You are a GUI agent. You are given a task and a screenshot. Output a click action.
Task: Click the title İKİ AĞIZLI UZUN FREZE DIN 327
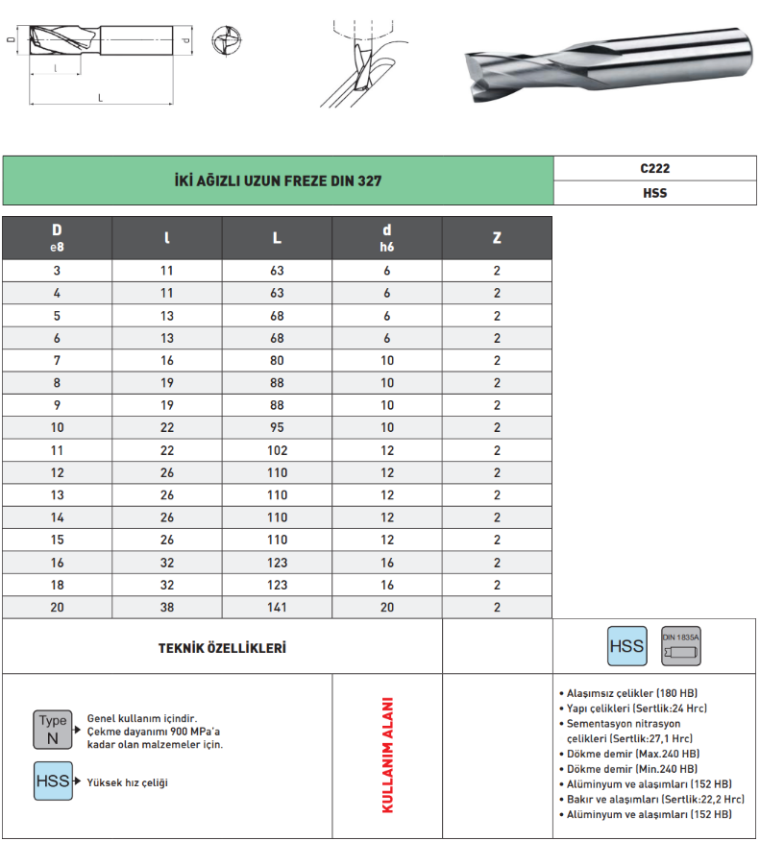point(278,180)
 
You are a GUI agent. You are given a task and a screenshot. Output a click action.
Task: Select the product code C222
point(654,167)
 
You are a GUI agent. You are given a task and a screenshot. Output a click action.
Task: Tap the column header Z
point(497,238)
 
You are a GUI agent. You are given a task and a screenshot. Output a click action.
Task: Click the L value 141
point(278,608)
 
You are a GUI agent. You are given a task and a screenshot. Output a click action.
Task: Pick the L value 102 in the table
point(278,450)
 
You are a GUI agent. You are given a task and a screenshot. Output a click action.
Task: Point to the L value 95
point(278,428)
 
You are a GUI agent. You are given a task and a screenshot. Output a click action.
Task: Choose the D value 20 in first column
point(57,608)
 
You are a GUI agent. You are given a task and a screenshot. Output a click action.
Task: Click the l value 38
point(167,608)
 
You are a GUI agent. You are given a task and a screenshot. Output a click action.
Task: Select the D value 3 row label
point(57,271)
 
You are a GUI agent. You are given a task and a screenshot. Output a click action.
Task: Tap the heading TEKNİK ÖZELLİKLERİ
point(222,648)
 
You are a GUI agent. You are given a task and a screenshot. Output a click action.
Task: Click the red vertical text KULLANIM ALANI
point(388,756)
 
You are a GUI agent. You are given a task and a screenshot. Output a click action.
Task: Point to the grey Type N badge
point(53,730)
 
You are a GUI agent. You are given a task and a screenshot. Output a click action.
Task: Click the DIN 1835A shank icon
point(681,647)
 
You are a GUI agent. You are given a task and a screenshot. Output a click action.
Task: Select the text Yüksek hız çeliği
point(128,782)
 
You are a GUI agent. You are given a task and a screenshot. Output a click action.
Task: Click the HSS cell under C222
point(654,192)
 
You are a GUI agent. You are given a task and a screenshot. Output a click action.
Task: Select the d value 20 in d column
point(387,608)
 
